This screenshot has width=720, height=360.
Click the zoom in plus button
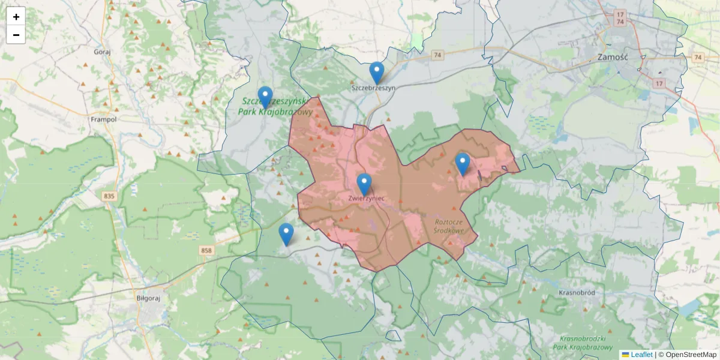point(16,17)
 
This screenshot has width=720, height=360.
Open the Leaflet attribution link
point(641,355)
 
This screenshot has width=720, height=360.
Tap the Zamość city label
point(612,58)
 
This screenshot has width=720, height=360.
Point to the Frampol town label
point(103,119)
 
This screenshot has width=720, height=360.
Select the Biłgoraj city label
point(147,296)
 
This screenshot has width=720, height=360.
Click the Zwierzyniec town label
point(365,198)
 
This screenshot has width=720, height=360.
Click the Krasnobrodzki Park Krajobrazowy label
point(585,343)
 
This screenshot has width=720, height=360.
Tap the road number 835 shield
point(109,196)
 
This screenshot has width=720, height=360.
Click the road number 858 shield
point(207,250)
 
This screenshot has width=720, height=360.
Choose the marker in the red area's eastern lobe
point(462,164)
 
